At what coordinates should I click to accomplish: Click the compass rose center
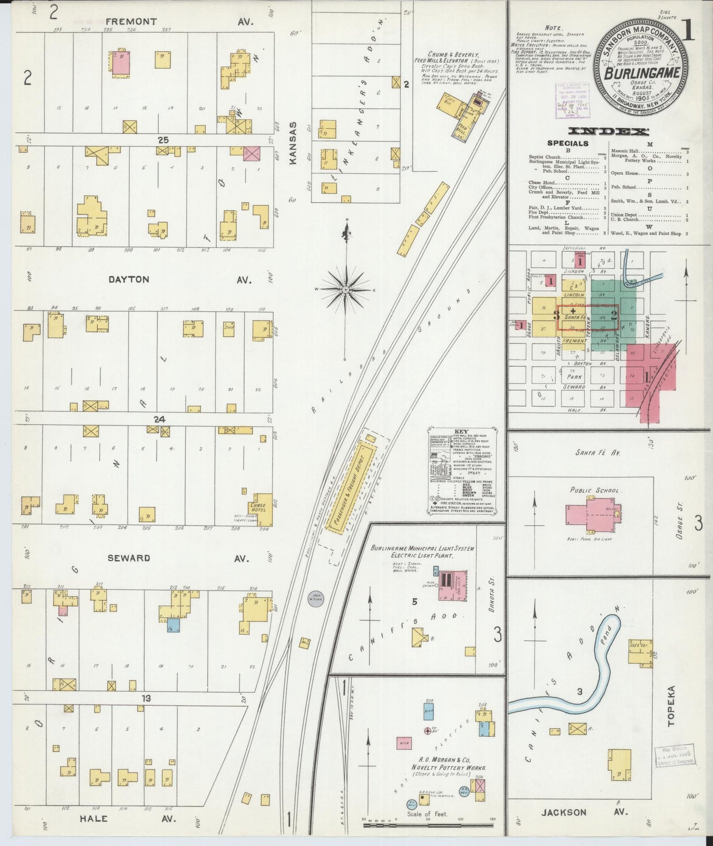tap(346, 289)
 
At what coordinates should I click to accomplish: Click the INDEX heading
tap(608, 131)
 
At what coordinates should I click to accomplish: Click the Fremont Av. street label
tap(131, 22)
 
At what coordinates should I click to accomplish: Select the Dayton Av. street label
tap(129, 279)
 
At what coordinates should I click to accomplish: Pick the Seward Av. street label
tap(129, 558)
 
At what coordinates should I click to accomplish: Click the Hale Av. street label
tap(94, 818)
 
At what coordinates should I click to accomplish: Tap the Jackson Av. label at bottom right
tap(563, 812)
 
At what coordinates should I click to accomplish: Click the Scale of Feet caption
tap(427, 814)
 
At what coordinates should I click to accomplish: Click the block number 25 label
tap(163, 140)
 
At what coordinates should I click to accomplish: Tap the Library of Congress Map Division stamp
tap(675, 756)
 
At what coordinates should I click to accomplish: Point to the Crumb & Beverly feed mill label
tap(453, 54)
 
